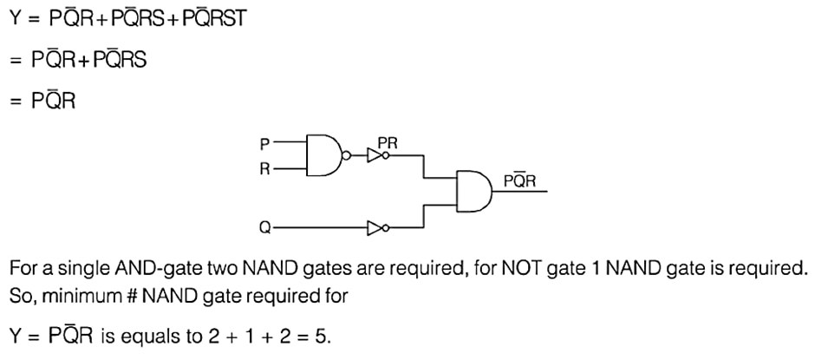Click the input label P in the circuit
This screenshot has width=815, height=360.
click(264, 142)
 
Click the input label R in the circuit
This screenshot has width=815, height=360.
click(264, 170)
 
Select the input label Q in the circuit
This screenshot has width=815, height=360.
click(264, 228)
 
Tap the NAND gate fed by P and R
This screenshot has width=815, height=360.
click(325, 155)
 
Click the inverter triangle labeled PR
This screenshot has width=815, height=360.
click(375, 155)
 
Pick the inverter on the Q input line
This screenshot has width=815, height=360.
click(375, 228)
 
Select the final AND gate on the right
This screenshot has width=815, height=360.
click(473, 191)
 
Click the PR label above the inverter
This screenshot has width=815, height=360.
click(388, 143)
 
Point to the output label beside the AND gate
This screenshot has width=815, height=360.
click(519, 180)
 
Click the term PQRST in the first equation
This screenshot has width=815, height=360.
click(213, 20)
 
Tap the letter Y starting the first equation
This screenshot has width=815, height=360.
click(14, 20)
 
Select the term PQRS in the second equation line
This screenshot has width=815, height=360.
click(120, 60)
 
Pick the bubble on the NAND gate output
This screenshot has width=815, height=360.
click(348, 155)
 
